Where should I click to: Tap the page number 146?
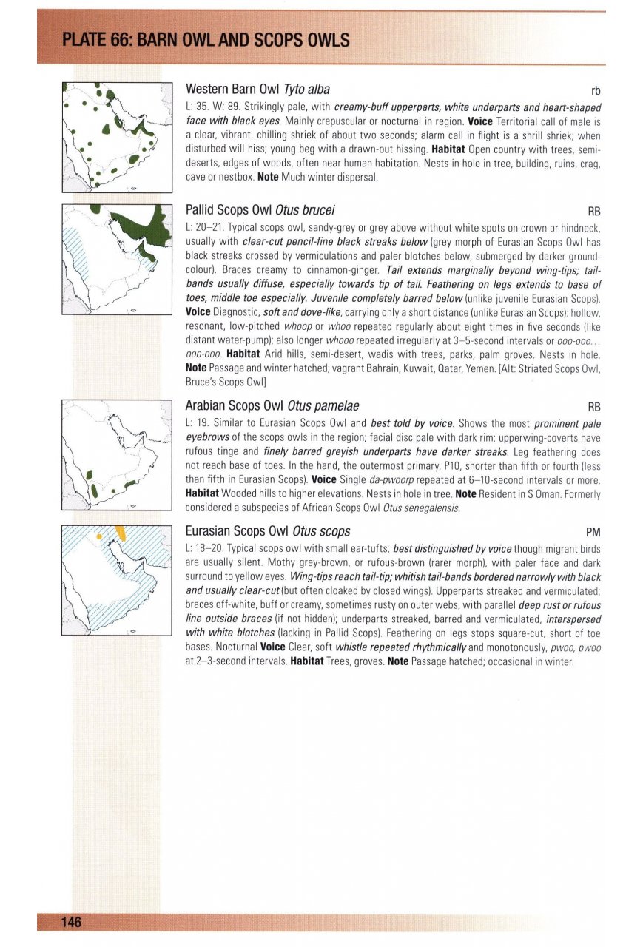71,921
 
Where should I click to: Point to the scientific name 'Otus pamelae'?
325,405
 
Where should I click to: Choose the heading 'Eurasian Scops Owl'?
238,530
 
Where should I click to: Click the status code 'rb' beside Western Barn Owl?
594,91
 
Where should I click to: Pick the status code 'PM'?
593,532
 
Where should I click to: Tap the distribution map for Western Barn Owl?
117,138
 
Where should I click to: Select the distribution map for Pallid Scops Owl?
117,260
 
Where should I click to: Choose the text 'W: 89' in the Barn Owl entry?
225,107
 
